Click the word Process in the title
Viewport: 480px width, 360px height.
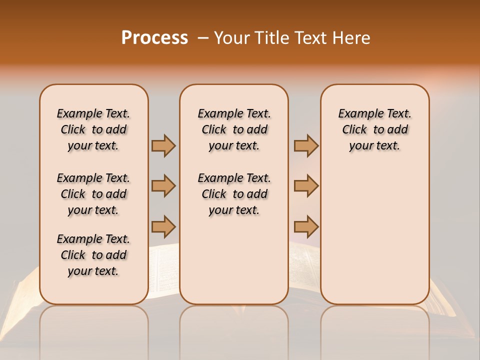click(x=154, y=38)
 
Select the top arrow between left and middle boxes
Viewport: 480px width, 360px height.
click(x=163, y=145)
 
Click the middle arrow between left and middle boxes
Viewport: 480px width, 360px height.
click(x=163, y=186)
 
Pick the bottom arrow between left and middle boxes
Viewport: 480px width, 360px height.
click(x=163, y=226)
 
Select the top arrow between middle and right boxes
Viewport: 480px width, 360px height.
click(x=305, y=145)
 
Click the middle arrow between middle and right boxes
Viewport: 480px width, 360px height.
click(x=305, y=186)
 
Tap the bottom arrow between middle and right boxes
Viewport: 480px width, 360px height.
click(x=305, y=226)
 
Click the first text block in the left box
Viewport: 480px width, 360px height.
click(x=93, y=129)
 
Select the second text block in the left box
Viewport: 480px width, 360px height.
click(x=93, y=194)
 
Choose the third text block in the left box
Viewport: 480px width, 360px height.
click(x=93, y=255)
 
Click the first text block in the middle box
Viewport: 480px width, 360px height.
click(x=234, y=129)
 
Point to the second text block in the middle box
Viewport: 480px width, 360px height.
click(x=234, y=194)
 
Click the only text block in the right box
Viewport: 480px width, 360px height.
click(x=374, y=129)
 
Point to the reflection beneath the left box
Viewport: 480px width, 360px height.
click(x=94, y=325)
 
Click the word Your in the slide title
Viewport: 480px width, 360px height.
click(x=231, y=38)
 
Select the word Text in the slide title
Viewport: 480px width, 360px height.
click(x=309, y=38)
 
